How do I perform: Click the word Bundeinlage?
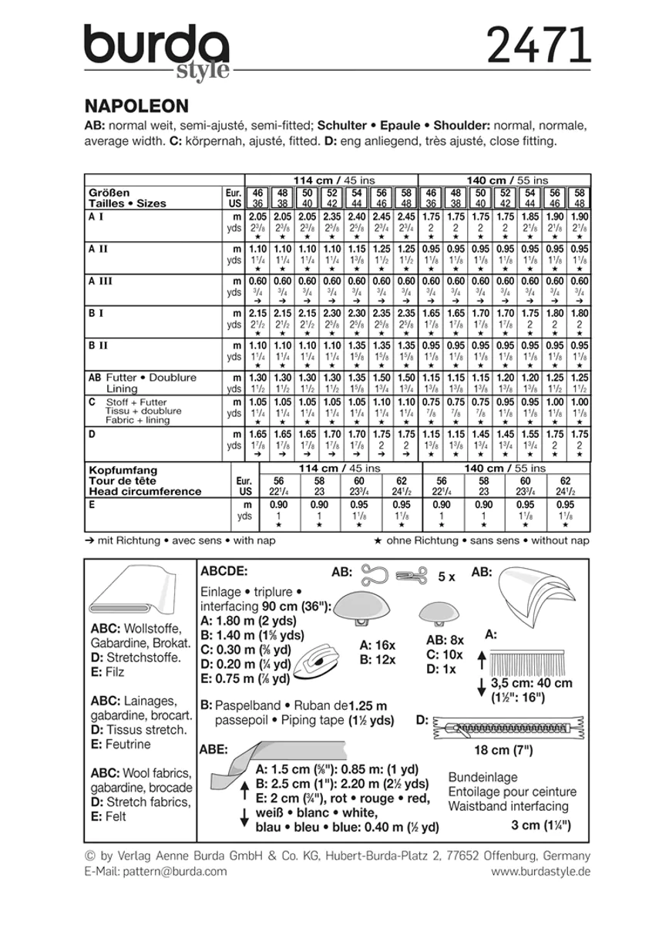[482, 777]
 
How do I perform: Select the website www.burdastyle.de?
[540, 871]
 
